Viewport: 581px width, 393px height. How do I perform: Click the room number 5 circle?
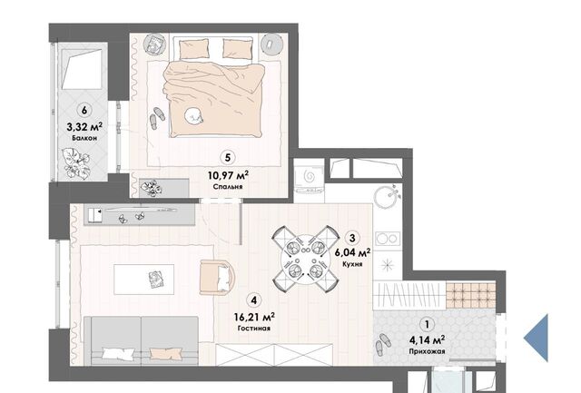tap(228, 157)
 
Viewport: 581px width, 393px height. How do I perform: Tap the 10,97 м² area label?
tap(228, 175)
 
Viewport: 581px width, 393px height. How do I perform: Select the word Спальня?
tap(228, 187)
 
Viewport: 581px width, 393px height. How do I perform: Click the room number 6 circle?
tap(84, 110)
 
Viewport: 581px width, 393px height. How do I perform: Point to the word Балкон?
tap(84, 138)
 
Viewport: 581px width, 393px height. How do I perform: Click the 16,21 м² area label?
tap(254, 318)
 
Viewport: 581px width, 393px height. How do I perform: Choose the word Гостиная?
tap(254, 329)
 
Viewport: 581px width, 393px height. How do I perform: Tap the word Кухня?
tap(352, 264)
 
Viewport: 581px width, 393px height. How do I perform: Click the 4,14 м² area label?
tap(428, 339)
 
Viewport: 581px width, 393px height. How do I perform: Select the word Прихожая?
tap(428, 351)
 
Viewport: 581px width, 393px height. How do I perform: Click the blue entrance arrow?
tap(536, 338)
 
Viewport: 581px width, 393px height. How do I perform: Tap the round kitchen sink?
tap(387, 195)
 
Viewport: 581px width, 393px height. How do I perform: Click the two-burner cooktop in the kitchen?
tap(388, 239)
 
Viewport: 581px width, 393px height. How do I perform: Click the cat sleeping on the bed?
tap(193, 115)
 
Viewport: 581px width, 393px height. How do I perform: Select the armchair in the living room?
tap(217, 277)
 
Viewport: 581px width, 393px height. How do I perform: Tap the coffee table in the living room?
tap(143, 280)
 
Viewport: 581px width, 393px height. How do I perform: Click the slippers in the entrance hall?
tap(383, 344)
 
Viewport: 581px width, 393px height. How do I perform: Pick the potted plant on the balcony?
tap(77, 163)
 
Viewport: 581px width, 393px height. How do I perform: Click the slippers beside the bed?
tap(157, 118)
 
